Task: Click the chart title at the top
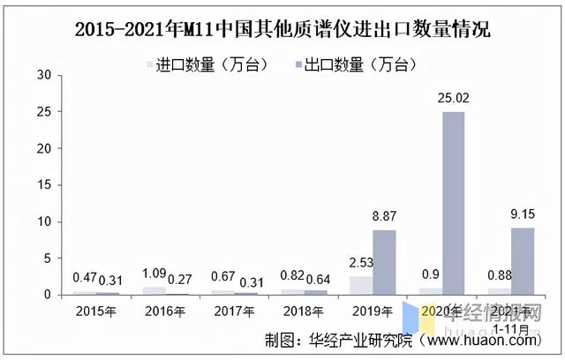click(282, 28)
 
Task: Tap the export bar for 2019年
click(384, 262)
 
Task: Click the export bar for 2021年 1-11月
click(522, 261)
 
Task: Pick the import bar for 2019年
click(361, 285)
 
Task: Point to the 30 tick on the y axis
click(45, 76)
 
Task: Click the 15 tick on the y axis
click(45, 185)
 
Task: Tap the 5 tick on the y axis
click(49, 258)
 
